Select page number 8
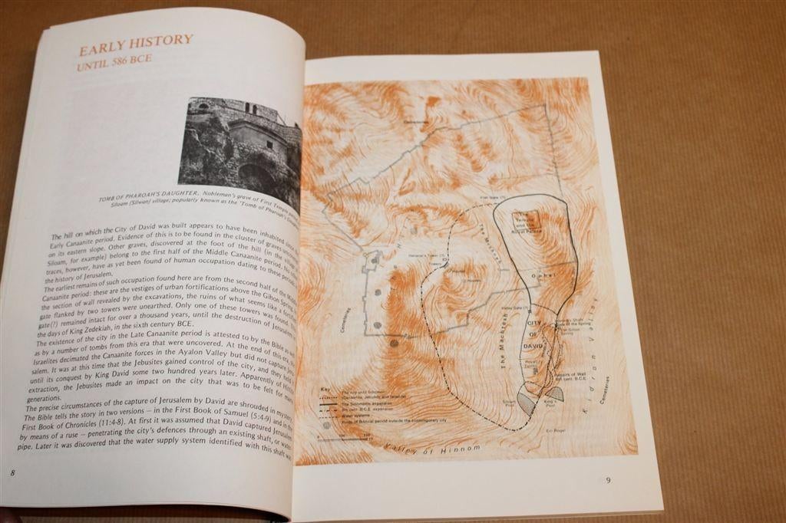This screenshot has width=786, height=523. point(12,473)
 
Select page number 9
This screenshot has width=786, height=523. point(608,481)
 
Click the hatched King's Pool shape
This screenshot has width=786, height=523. point(554,393)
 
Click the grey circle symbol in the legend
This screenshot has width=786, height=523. point(328,424)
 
